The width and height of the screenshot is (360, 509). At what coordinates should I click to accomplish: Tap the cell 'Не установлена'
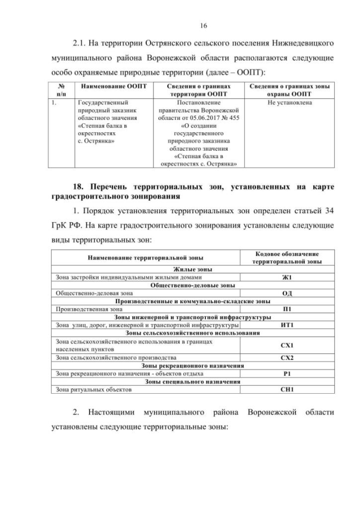[290, 103]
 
